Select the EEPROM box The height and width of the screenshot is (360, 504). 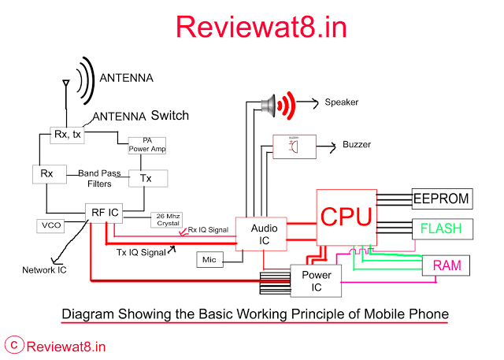[442, 199]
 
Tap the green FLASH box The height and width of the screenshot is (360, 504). [441, 230]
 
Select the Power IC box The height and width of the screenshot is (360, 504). [317, 280]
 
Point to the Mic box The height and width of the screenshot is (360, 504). [209, 259]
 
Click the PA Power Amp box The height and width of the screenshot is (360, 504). [147, 145]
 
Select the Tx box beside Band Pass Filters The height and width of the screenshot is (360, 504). [146, 178]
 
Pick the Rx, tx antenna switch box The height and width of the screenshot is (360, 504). [66, 134]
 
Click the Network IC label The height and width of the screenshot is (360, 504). [44, 270]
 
